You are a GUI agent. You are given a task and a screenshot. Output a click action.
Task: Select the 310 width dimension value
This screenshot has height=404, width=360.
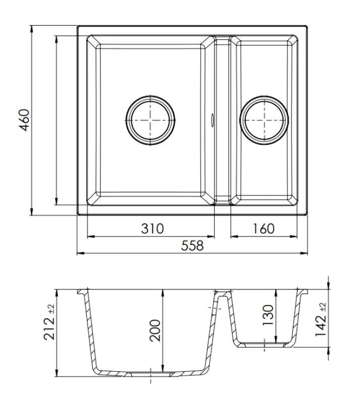point(151,229)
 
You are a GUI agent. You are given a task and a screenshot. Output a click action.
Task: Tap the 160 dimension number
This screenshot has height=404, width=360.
point(263,229)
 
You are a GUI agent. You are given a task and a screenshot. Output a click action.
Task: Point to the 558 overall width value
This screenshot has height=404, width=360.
point(192,246)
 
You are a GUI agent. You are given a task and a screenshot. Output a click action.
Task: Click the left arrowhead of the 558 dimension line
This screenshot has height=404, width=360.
point(79,252)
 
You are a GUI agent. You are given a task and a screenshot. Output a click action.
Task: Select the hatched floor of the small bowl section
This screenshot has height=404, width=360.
point(265,345)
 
